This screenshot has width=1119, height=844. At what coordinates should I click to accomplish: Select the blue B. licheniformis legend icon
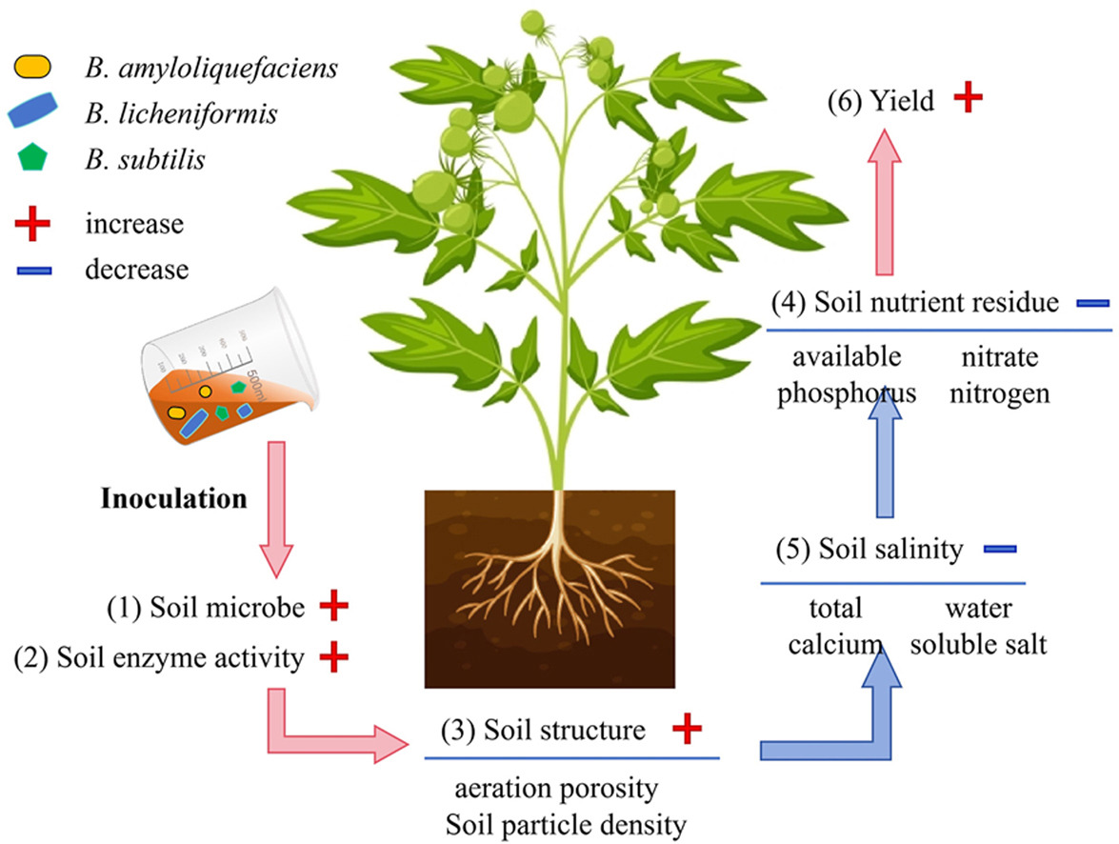[x=37, y=114]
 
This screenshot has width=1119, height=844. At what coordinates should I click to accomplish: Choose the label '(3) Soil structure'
[x=543, y=731]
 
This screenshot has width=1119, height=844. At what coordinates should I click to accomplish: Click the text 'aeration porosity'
[x=556, y=789]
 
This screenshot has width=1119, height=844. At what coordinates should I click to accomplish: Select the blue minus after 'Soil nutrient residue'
[x=1093, y=304]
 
